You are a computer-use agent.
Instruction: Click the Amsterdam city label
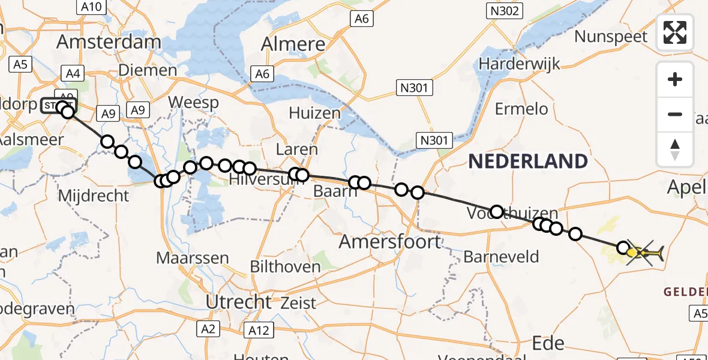(109, 42)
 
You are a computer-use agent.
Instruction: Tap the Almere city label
(294, 44)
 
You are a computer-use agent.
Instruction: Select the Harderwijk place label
(519, 64)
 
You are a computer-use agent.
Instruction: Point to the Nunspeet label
(611, 37)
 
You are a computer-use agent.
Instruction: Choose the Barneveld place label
(501, 257)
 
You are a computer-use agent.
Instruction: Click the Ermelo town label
(521, 109)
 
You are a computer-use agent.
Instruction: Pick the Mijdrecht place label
(94, 195)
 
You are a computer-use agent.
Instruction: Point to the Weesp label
(193, 103)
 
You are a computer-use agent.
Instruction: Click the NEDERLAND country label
(527, 161)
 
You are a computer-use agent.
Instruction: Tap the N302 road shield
(504, 10)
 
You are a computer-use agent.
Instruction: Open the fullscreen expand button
(675, 32)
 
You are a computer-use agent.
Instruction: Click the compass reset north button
(675, 149)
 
